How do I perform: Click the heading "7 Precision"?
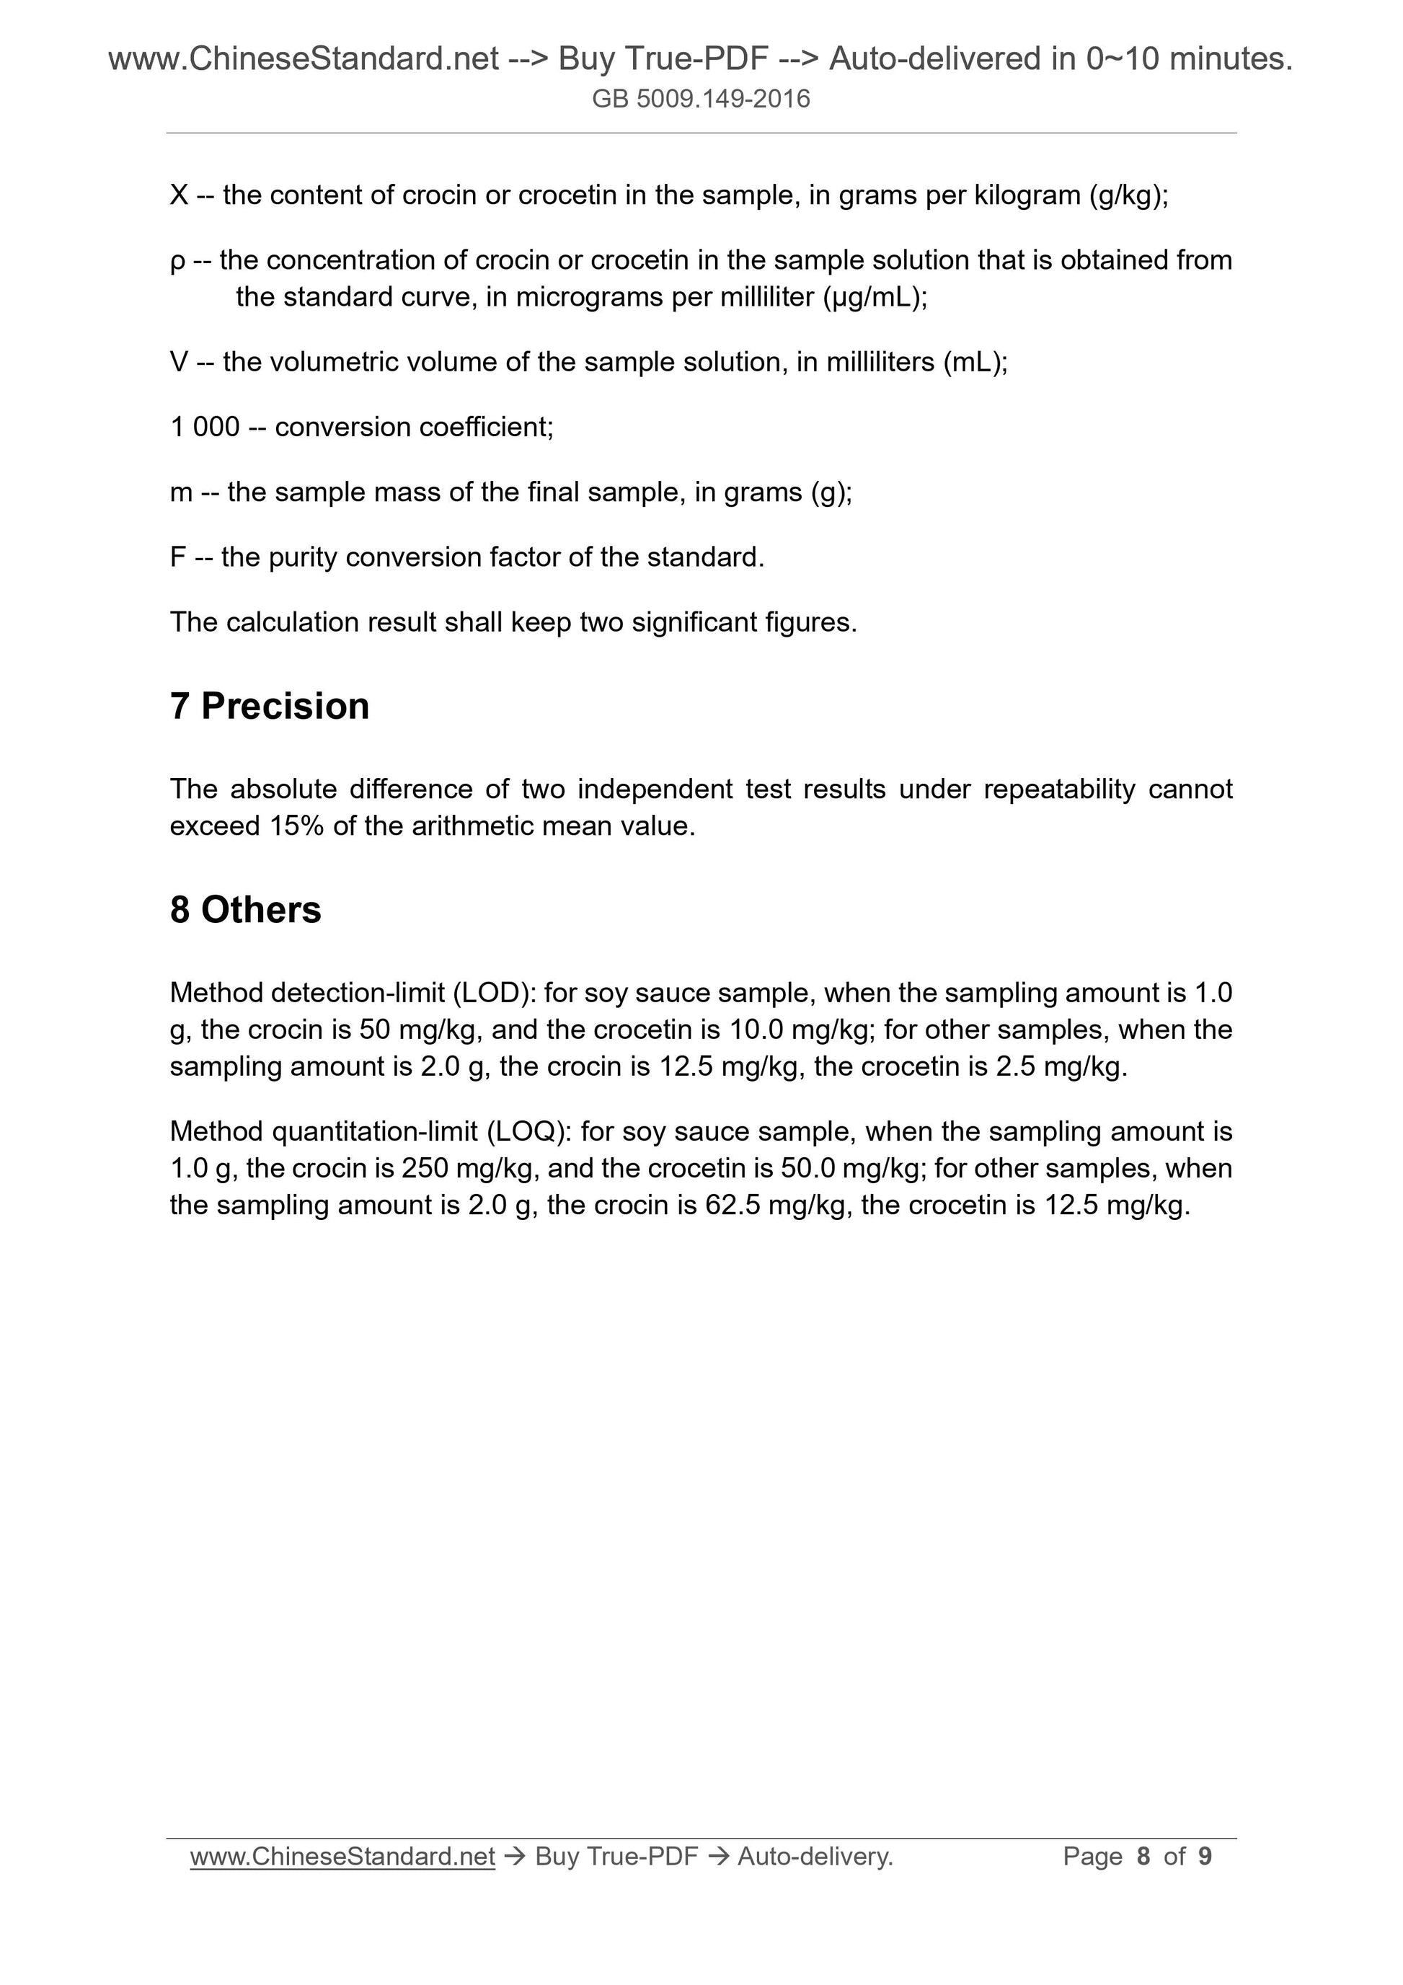coord(270,707)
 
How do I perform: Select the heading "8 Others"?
coord(246,911)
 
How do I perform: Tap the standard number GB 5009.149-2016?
coord(701,100)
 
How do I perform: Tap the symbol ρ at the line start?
coord(177,261)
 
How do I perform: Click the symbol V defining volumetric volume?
coord(179,362)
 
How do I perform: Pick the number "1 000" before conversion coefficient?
coord(205,427)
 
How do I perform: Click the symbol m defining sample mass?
coord(182,492)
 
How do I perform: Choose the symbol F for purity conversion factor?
coord(178,557)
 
